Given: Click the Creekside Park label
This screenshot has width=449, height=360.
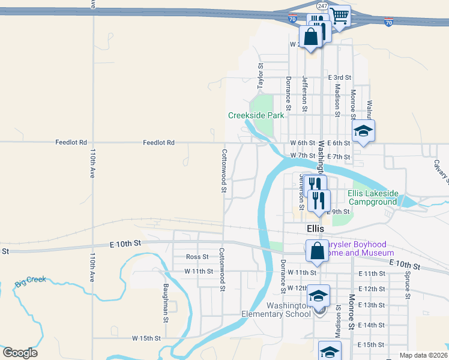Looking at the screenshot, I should pos(256,115).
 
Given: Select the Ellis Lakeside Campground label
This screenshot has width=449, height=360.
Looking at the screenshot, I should pos(373,197).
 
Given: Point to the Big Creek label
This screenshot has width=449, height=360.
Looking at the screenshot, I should pos(31,281).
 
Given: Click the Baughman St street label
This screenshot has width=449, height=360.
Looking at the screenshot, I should pos(164,302).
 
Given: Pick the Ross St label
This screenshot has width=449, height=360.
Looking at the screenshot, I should pos(196,257).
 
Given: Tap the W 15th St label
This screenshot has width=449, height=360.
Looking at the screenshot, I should pos(147,338).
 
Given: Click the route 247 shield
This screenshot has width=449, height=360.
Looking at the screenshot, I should pos(323,5).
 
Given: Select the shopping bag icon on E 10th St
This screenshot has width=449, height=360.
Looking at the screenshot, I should pos(316,250).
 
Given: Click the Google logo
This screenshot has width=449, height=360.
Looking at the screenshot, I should pos(20,353).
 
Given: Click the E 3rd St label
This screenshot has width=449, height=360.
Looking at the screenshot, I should pos(339,77).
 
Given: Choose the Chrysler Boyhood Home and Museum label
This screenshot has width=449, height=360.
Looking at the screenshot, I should pos(357,249).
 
